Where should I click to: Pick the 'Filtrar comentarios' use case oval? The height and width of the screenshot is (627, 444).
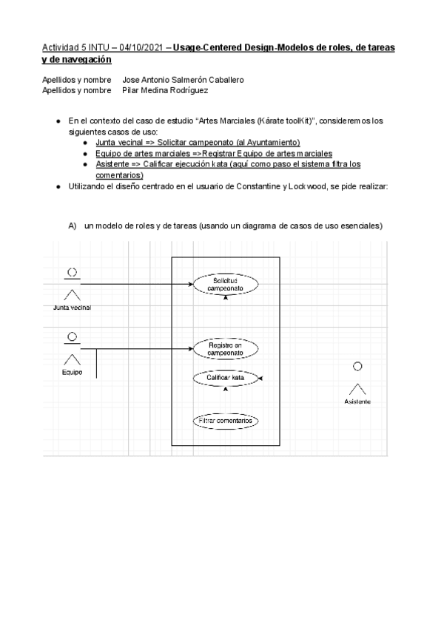point(225,421)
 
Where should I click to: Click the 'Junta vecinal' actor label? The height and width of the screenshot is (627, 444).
point(72,308)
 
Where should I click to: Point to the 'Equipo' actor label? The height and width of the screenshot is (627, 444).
point(72,372)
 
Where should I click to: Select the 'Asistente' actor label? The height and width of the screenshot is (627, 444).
point(357,401)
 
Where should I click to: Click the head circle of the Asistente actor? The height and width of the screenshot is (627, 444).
point(357,366)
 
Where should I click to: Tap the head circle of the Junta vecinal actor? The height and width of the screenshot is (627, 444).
point(72,272)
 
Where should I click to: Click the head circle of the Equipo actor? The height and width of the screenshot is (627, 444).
point(72,338)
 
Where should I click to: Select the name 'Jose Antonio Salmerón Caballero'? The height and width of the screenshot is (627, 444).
point(183,79)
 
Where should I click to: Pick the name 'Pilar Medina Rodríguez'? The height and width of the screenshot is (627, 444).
point(167,90)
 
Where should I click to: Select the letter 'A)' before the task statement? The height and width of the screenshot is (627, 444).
point(73,226)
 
